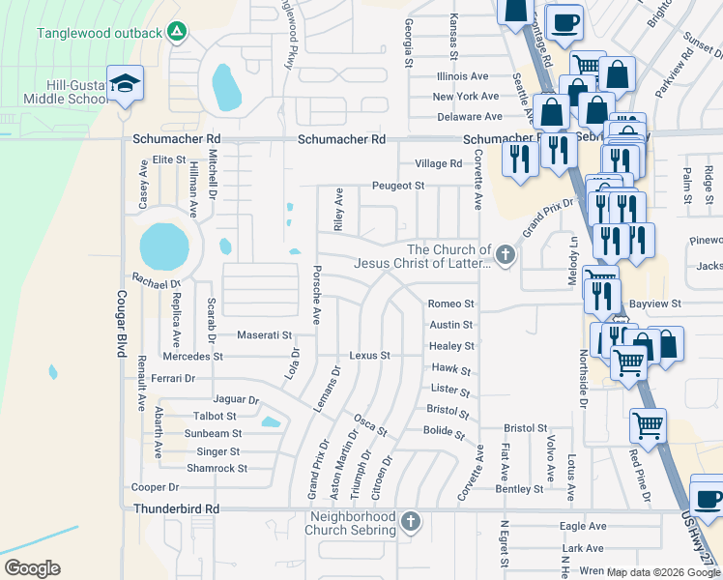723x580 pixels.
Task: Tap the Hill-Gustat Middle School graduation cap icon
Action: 125,83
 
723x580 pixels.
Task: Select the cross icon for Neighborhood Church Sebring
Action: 411,522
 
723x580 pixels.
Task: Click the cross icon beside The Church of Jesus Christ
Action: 504,255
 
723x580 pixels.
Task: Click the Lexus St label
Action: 369,356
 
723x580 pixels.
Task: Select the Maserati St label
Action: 264,335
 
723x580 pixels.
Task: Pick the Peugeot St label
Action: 399,186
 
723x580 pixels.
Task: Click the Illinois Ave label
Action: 462,76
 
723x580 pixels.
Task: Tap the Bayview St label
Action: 655,304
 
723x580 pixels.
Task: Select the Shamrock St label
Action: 217,468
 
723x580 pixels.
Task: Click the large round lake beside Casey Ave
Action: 164,247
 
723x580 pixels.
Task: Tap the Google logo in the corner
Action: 32,568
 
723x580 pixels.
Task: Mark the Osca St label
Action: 370,423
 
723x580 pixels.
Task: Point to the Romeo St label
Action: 450,304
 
